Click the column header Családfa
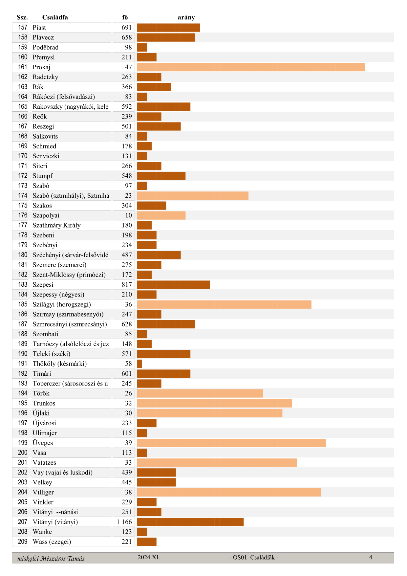(x=55, y=17)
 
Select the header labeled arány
(x=186, y=17)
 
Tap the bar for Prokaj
(x=250, y=67)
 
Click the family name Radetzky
(x=45, y=77)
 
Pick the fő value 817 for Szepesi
(x=127, y=285)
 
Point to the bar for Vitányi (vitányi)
(x=190, y=522)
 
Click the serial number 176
(x=23, y=215)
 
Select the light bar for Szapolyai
(x=161, y=215)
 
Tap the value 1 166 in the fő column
(x=124, y=522)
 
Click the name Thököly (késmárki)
(x=59, y=364)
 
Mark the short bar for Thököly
(x=139, y=364)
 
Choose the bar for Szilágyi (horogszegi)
(x=224, y=304)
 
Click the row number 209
(x=23, y=542)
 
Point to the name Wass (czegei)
(x=52, y=542)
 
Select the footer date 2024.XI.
(x=149, y=557)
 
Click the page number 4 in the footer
(x=371, y=557)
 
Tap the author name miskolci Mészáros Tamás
(x=51, y=559)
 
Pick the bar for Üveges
(x=231, y=443)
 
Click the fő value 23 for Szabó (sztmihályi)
(x=128, y=196)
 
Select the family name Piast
(x=39, y=28)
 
